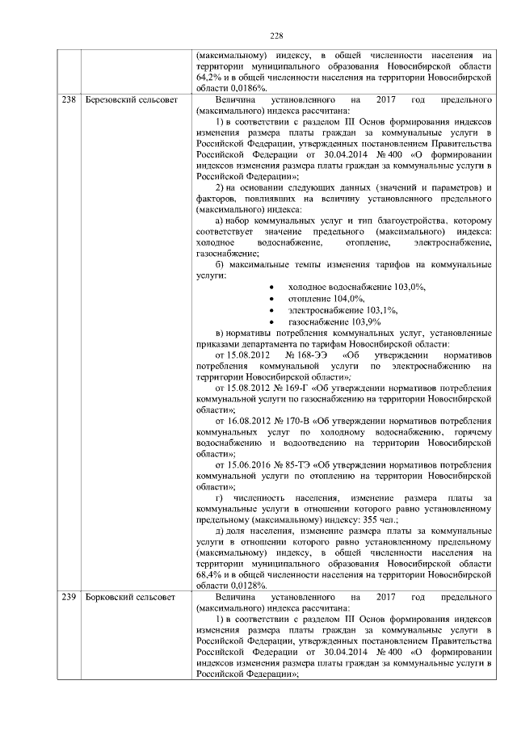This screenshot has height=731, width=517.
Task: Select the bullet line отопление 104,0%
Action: [x=322, y=298]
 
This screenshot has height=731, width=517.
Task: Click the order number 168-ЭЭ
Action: [x=313, y=355]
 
